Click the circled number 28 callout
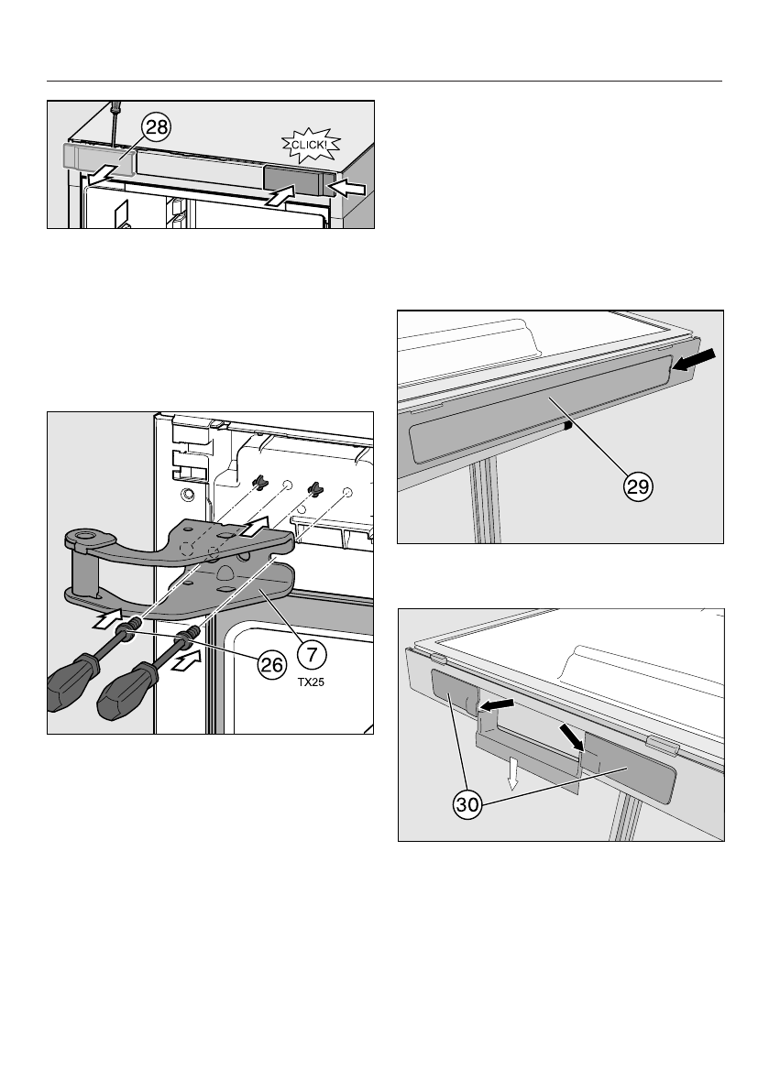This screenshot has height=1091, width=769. [x=158, y=127]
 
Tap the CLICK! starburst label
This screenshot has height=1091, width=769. [x=311, y=145]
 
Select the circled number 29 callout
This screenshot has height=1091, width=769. [x=638, y=486]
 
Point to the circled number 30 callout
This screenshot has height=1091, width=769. [x=467, y=805]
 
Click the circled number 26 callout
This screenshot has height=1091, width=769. [x=272, y=665]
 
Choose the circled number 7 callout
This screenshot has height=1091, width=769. [x=312, y=654]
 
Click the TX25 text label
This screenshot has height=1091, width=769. [x=311, y=682]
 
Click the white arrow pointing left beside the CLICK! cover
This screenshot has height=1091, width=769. [x=347, y=187]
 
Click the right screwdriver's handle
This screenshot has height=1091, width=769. [x=126, y=692]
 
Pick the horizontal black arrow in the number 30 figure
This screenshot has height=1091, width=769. [x=497, y=704]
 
